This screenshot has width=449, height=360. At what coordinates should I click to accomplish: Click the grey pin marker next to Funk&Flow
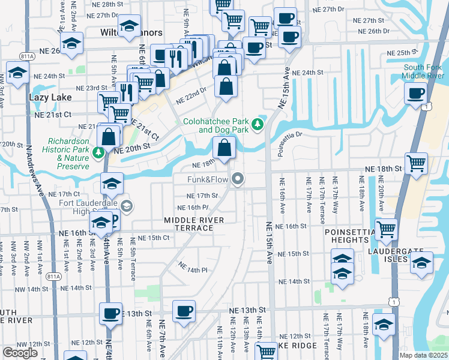tap(239, 179)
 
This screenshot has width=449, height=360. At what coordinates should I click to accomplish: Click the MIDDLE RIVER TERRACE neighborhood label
tap(194, 224)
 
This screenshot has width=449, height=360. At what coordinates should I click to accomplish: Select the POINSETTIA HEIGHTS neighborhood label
tap(346, 236)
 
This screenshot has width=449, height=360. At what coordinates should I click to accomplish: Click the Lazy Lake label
tap(50, 97)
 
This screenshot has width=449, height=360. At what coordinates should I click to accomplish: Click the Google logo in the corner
tap(20, 353)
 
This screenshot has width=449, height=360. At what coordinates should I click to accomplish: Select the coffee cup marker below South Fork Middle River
tap(417, 94)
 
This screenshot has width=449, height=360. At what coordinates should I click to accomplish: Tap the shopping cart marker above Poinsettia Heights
tap(386, 229)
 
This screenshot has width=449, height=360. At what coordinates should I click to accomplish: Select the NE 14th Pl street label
tap(193, 270)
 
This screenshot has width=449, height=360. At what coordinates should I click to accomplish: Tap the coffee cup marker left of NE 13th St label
tap(112, 313)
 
